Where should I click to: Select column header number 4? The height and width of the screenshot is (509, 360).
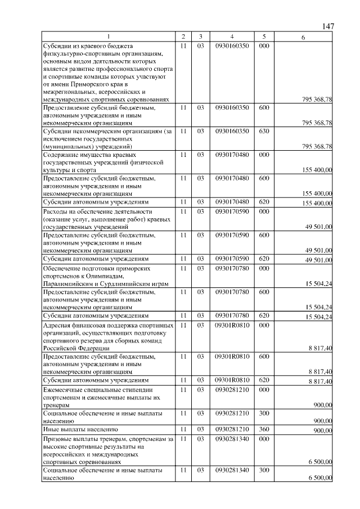point(231,37)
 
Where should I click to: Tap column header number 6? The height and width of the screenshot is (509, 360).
point(303,37)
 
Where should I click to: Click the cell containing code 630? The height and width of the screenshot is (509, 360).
point(264,131)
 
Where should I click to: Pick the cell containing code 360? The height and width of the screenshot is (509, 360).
point(264,430)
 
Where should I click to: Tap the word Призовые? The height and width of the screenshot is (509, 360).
point(58,438)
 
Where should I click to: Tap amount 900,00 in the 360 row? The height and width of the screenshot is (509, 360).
point(322,431)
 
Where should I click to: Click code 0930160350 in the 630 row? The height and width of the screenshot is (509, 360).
point(231,131)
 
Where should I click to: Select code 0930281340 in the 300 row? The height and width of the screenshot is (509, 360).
point(231,469)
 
